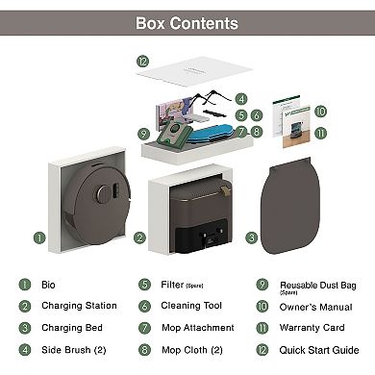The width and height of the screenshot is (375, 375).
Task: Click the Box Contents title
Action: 187,22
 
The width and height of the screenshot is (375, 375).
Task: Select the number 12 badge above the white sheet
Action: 142,61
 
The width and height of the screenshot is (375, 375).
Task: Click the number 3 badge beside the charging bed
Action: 252,237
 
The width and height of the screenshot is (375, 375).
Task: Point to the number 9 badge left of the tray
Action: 143,133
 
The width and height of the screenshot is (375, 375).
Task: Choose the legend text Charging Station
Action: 79,306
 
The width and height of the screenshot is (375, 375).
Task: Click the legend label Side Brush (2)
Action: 71,350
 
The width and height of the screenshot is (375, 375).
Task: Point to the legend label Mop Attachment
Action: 197,328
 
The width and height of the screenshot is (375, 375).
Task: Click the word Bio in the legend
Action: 49,285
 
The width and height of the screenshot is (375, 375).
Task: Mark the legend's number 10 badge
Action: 262,306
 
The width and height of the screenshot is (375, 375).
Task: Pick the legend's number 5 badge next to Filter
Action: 143,285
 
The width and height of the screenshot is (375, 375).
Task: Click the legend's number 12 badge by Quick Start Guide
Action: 262,350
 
